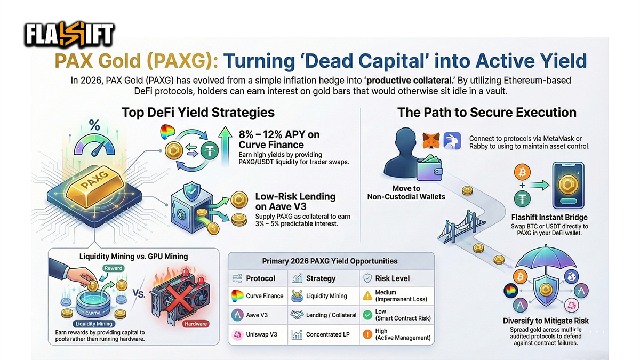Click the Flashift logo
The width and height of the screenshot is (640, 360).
(x=69, y=36)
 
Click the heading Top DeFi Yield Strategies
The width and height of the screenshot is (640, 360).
(x=198, y=113)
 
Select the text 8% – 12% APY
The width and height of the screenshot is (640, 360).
(x=279, y=134)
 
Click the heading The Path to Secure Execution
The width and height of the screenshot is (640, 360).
(x=486, y=113)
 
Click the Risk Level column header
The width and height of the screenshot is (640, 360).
(x=393, y=278)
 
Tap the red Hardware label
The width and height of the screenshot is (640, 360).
(x=195, y=324)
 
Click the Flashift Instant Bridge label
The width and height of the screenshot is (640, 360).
(x=549, y=218)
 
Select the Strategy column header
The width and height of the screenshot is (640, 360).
(x=321, y=278)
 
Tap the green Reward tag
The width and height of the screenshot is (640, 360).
(x=114, y=268)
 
